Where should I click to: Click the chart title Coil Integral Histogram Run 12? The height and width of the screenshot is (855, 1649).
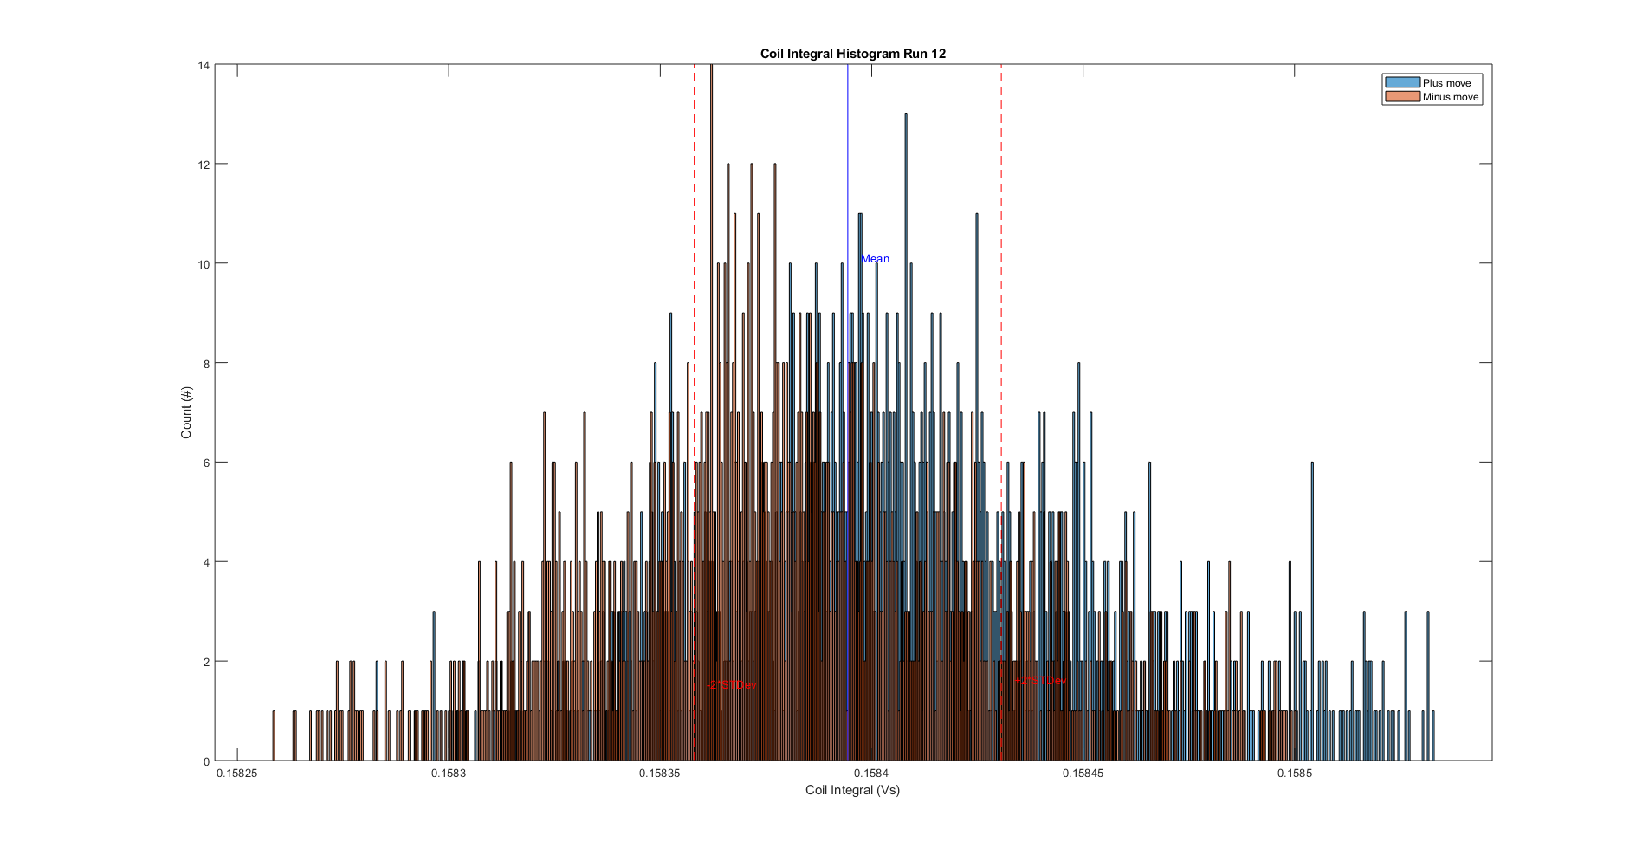coord(852,54)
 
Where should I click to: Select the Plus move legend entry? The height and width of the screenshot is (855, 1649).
coord(1446,83)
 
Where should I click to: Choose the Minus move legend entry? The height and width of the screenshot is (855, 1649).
coord(1450,97)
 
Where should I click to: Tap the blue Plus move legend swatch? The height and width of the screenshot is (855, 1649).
coord(1402,83)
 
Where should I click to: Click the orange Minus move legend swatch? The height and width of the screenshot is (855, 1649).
coord(1402,97)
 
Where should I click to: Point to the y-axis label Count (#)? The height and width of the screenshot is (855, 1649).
coord(186,412)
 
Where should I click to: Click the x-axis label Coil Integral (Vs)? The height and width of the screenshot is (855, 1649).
coord(852,790)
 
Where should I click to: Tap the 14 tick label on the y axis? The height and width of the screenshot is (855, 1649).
coord(204,65)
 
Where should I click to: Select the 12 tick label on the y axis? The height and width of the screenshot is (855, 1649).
coord(204,165)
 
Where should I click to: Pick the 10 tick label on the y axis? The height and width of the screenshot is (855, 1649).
coord(204,264)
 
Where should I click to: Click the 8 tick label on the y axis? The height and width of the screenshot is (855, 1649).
coord(207,364)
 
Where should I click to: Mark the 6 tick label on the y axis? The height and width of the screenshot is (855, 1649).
coord(207,463)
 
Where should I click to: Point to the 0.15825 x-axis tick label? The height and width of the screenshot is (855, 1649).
coord(237,774)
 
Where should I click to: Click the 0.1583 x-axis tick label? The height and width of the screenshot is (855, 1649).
coord(449,774)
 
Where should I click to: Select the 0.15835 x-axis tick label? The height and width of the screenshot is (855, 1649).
coord(660,774)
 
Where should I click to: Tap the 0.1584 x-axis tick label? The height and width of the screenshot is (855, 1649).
coord(871,774)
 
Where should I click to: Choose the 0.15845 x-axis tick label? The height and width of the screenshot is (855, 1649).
coord(1083,774)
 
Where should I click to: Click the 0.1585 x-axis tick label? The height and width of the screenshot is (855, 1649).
coord(1294,774)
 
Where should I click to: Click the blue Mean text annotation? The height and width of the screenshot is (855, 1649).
coord(875,259)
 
